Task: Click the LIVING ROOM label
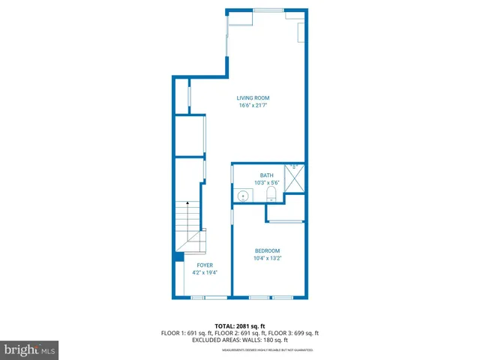(x=253, y=97)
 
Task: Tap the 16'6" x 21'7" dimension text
(x=253, y=106)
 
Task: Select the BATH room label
(x=267, y=175)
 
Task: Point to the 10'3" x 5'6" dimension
(x=267, y=183)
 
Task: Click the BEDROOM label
(x=267, y=250)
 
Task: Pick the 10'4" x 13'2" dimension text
(x=267, y=258)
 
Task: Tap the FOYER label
(x=205, y=265)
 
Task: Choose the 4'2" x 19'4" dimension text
(x=205, y=273)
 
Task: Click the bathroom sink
(x=242, y=196)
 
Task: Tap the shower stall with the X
(x=295, y=178)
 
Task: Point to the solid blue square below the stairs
(x=178, y=256)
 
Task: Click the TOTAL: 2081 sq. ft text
(x=240, y=326)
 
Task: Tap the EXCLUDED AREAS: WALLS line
(x=240, y=340)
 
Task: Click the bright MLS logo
(x=30, y=349)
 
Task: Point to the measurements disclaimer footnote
(x=267, y=349)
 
